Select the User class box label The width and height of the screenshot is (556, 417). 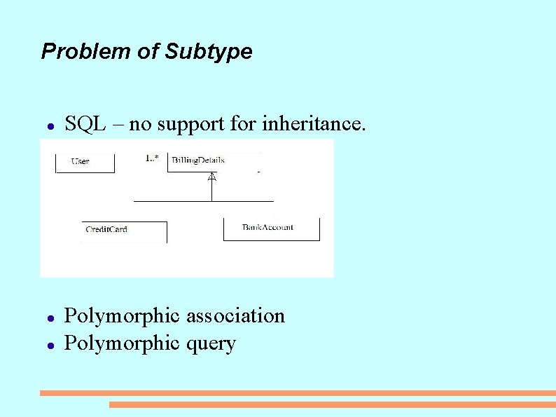[81, 162]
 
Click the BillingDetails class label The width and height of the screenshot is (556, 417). [198, 160]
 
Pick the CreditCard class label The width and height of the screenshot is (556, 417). [106, 229]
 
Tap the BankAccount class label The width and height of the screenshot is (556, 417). [267, 227]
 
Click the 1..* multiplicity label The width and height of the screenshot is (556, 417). [152, 158]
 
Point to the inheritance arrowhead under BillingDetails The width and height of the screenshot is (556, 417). [211, 177]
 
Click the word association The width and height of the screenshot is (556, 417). [235, 316]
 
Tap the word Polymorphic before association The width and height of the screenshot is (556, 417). [123, 316]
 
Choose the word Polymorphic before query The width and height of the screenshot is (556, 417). [123, 344]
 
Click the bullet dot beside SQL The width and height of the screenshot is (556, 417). [50, 127]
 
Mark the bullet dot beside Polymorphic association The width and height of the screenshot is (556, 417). [50, 318]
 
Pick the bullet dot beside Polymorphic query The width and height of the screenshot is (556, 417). [50, 346]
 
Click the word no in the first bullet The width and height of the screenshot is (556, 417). [141, 124]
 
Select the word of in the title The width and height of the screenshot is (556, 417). [148, 52]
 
